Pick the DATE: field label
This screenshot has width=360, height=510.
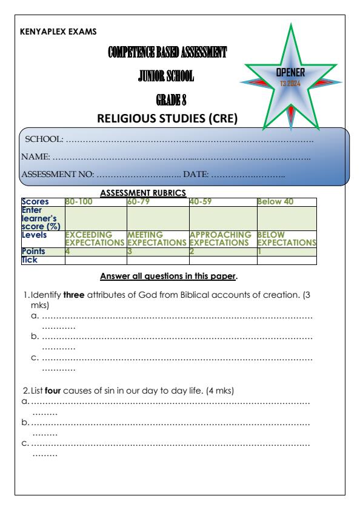coord(196,174)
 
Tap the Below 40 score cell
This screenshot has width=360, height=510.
coord(273,200)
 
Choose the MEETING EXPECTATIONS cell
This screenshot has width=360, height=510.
coord(157,238)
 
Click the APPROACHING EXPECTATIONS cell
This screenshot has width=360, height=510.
coord(221,238)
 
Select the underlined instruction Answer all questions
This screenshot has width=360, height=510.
coord(168,277)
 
